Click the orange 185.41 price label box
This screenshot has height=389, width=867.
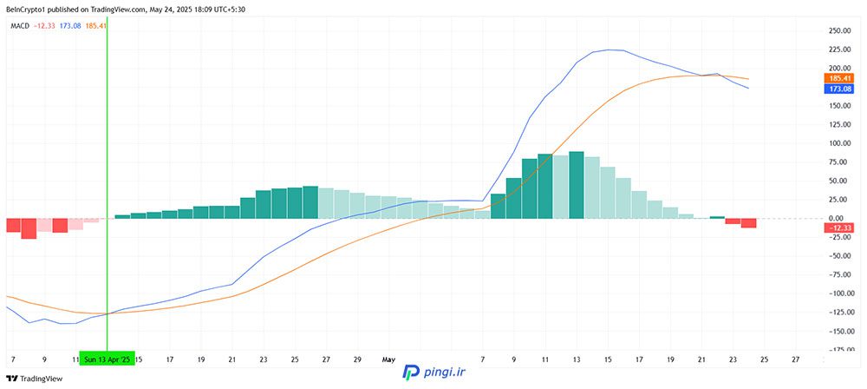[838, 78]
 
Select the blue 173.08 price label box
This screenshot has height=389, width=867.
[838, 89]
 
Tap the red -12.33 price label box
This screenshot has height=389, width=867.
[838, 227]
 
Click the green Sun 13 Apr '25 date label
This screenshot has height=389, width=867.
[108, 358]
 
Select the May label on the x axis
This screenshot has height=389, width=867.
[388, 358]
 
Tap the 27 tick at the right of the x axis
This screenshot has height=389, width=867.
[795, 358]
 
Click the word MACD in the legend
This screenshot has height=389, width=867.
[20, 26]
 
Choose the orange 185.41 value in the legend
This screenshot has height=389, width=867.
[95, 26]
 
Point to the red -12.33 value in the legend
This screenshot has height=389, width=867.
[45, 26]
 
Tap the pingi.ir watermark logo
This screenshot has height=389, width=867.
[433, 372]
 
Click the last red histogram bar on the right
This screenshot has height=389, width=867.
[749, 223]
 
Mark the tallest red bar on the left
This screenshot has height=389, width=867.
[29, 228]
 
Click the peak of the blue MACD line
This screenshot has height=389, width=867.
[612, 49]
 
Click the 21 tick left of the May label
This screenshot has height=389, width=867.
[232, 358]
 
